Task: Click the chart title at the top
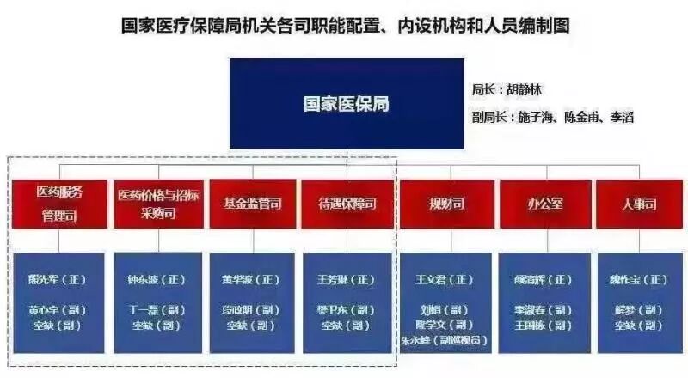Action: tap(345, 26)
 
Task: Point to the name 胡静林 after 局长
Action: tap(525, 89)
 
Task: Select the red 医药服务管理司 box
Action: tap(59, 204)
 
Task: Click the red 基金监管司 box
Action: tap(251, 204)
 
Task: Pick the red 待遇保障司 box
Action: tap(347, 204)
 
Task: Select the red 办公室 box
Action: tap(544, 204)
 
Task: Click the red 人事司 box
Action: tap(639, 204)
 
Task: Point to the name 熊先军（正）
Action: tap(59, 280)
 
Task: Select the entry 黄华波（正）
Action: tap(251, 280)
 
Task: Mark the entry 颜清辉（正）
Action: tap(545, 280)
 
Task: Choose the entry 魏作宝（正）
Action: tap(639, 280)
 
